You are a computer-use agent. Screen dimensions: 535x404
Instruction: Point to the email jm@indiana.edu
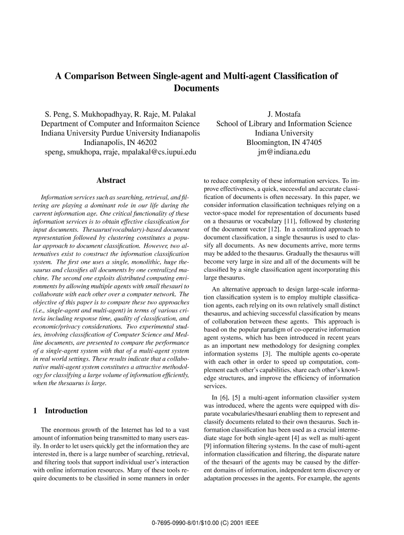[284, 152]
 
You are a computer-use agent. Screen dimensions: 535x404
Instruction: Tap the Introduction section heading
[66, 411]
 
